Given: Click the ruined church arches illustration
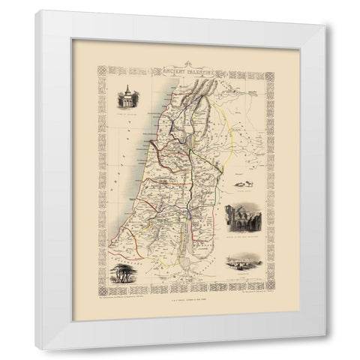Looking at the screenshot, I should (241, 217).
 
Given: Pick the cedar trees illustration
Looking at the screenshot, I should (124, 273).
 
